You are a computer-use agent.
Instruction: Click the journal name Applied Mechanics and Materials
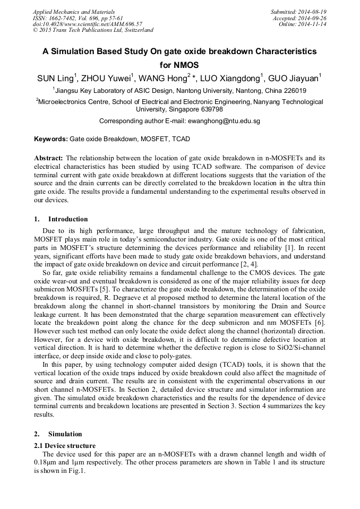73,12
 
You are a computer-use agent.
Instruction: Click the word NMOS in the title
179,65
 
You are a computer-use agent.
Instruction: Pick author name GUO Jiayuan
293,79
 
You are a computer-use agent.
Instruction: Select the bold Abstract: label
49,158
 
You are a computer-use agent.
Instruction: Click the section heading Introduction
68,219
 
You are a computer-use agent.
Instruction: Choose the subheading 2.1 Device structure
65,446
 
